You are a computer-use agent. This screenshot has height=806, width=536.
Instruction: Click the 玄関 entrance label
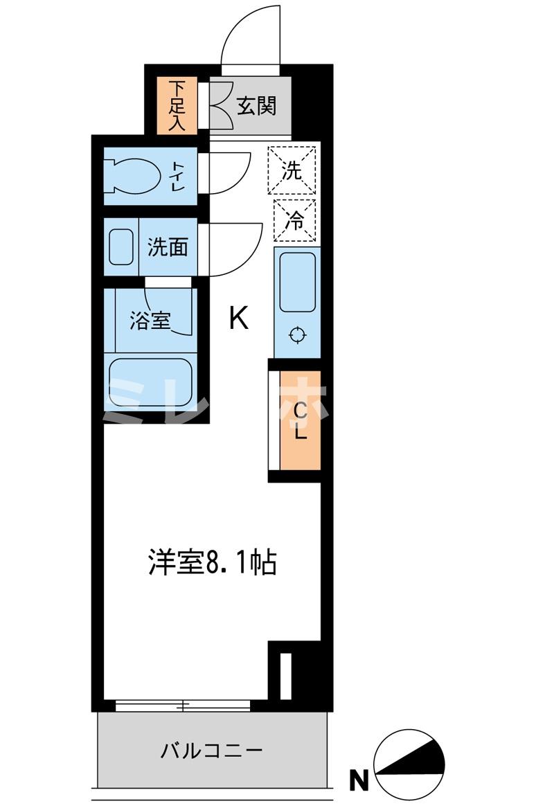[257, 106]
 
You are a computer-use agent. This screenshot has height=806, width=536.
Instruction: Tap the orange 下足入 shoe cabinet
[178, 106]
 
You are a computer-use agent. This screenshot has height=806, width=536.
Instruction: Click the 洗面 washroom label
[168, 247]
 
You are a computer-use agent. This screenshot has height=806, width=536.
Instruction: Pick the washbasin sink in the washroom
[121, 246]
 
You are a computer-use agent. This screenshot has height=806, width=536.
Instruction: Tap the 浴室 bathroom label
[150, 321]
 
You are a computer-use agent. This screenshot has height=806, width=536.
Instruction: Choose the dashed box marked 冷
[294, 220]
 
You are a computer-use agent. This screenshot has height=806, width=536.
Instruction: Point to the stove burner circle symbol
[297, 336]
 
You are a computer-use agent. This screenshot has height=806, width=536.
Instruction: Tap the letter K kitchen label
[238, 319]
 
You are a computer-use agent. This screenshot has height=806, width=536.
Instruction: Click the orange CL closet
[300, 422]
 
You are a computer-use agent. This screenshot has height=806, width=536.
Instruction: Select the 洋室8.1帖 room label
[212, 563]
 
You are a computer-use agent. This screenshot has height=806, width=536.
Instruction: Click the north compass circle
[409, 762]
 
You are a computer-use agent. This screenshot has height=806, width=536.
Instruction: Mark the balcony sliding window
[183, 706]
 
